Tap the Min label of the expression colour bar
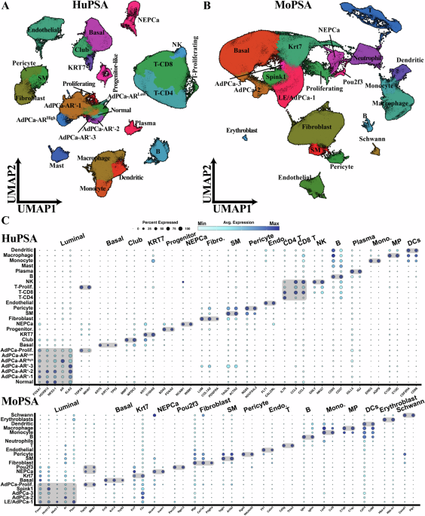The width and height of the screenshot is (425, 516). [200, 224]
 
